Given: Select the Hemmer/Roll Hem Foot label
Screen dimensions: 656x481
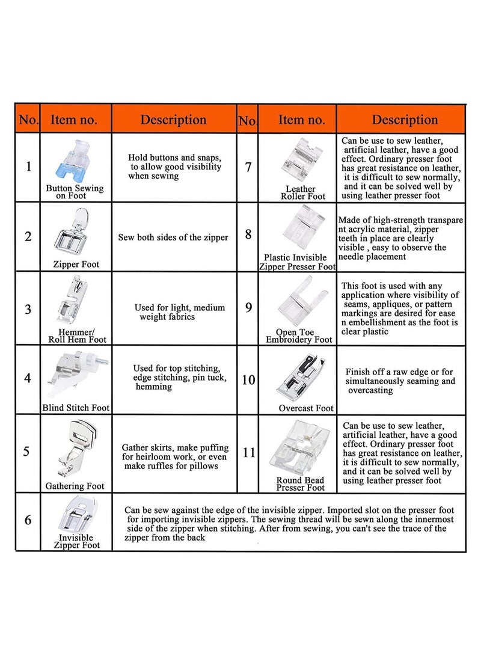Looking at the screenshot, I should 77,336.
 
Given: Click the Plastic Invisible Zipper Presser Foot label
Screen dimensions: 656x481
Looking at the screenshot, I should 297,262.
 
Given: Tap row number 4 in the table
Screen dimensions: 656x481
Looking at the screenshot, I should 28,379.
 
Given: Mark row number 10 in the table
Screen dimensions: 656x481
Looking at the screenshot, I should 248,380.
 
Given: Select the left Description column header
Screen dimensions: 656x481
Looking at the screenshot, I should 174,119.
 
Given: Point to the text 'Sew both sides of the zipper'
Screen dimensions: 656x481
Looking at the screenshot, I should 173,238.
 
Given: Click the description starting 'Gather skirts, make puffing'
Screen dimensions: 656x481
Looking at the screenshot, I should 175,457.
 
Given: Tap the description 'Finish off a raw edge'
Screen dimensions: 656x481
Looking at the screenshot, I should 400,381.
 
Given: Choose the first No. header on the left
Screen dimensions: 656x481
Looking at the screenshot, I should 28,120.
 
